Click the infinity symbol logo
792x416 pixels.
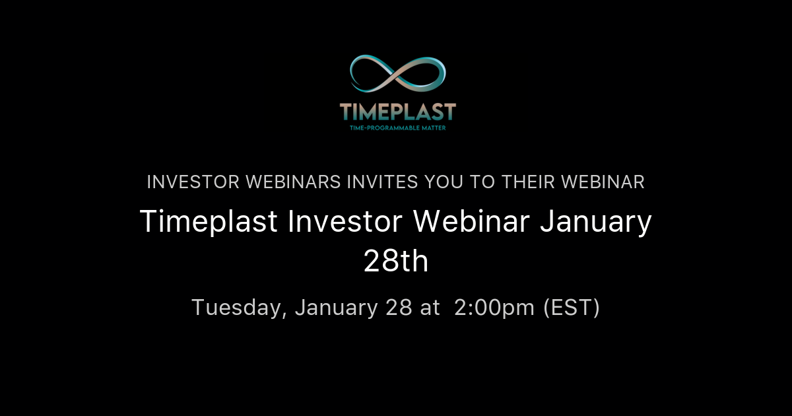pos(397,74)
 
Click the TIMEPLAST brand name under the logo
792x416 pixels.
pos(397,110)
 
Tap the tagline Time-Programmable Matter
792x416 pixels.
pos(397,127)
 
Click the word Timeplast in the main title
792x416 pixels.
pos(209,223)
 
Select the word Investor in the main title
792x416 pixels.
pos(345,223)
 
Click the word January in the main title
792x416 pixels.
pos(596,223)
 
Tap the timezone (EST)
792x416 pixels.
pos(572,308)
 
